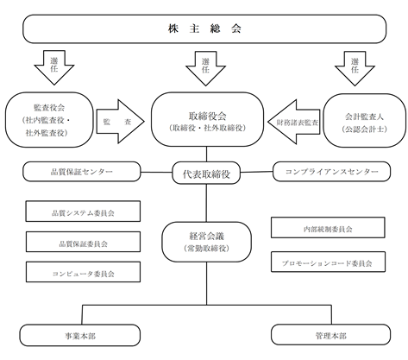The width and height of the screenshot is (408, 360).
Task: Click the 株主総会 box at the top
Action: click(x=204, y=28)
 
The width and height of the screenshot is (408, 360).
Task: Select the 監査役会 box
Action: click(x=49, y=120)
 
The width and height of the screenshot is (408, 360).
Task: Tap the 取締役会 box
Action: click(x=207, y=119)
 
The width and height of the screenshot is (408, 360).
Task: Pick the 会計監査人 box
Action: click(x=365, y=120)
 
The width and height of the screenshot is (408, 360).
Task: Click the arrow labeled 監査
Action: click(x=120, y=122)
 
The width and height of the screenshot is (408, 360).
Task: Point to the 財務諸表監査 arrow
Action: click(x=294, y=122)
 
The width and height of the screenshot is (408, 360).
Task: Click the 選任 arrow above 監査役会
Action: click(x=54, y=67)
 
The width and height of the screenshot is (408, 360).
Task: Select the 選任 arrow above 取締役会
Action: click(x=205, y=68)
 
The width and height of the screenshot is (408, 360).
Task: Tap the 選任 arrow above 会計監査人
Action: click(x=355, y=68)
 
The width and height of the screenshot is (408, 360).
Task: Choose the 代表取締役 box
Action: click(x=206, y=174)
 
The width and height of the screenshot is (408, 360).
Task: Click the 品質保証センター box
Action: click(x=82, y=172)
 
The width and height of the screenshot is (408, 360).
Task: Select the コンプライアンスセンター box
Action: click(x=331, y=172)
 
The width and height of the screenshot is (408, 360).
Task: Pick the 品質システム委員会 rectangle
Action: click(x=83, y=212)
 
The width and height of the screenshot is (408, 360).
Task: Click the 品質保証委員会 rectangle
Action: click(x=83, y=242)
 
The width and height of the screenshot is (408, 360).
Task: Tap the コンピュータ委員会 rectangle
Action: click(x=83, y=272)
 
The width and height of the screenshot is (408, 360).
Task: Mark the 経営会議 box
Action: click(x=207, y=242)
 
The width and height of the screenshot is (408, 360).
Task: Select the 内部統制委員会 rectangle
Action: click(x=328, y=228)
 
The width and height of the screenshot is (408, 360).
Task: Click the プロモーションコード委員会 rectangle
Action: click(x=328, y=262)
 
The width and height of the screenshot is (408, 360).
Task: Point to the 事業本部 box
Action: click(x=80, y=335)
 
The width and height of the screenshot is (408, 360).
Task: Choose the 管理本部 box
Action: click(x=331, y=334)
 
